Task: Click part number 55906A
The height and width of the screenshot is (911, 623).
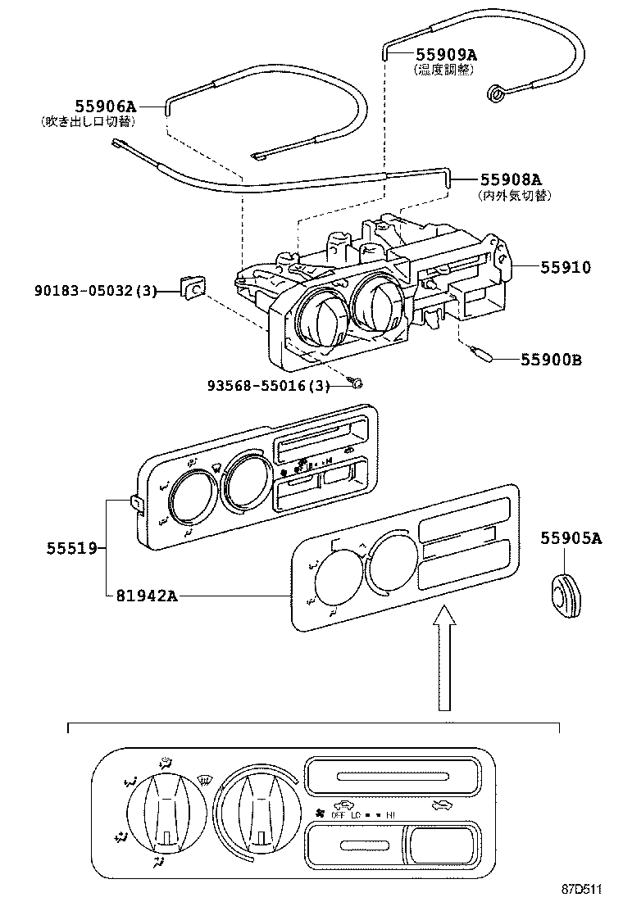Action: [x=105, y=106]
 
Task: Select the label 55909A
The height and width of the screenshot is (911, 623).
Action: [x=446, y=55]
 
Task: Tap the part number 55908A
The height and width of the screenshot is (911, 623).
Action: [x=511, y=180]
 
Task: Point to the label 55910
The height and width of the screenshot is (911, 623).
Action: [x=565, y=267]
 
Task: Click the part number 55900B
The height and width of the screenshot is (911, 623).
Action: [x=551, y=359]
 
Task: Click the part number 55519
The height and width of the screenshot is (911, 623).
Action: [x=71, y=547]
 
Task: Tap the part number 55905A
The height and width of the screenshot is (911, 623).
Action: [x=571, y=537]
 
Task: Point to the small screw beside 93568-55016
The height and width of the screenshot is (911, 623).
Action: [x=355, y=383]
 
